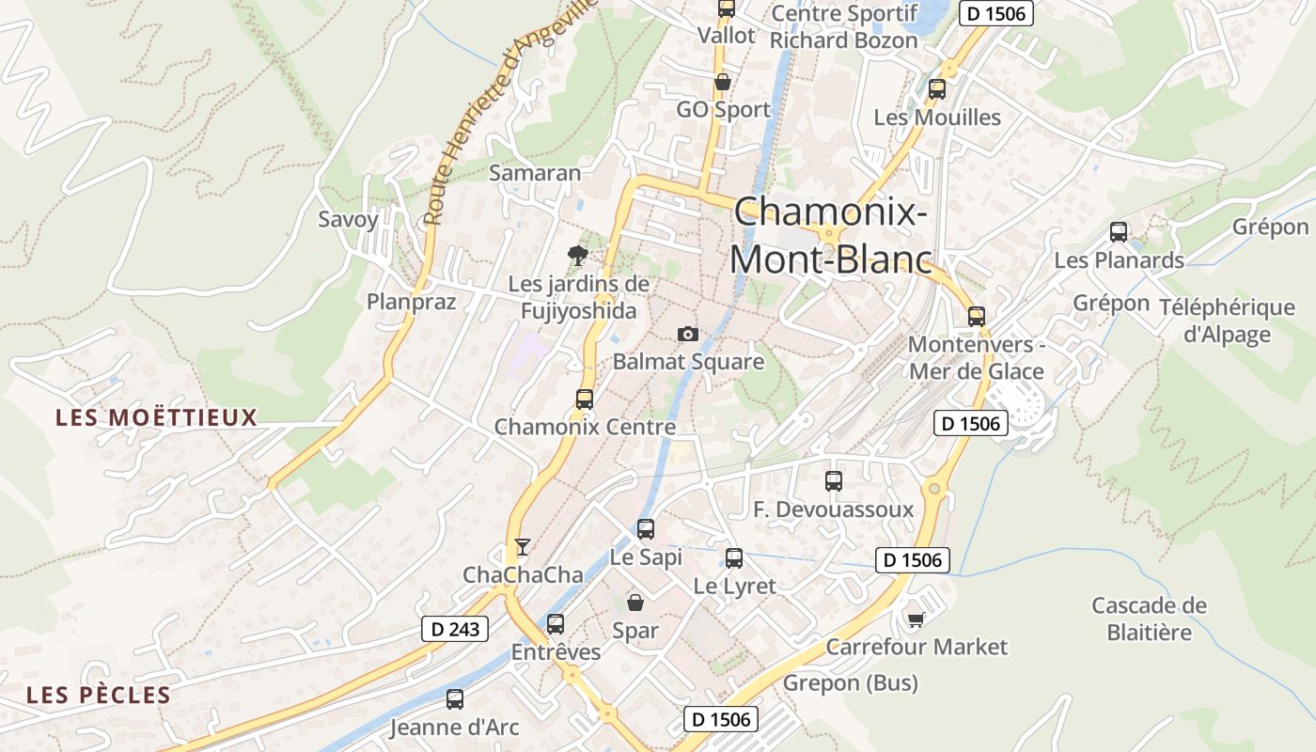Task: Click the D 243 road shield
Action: (455, 629)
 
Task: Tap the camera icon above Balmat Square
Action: (688, 334)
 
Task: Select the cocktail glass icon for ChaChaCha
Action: (523, 547)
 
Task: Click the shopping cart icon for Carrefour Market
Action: (916, 619)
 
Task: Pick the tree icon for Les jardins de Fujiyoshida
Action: (578, 255)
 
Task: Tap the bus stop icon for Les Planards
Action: (1119, 232)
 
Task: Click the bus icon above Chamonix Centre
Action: (585, 399)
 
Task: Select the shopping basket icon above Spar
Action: (635, 602)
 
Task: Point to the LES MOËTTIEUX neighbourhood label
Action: (156, 417)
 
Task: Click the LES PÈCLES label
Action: (99, 696)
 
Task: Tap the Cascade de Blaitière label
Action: (1149, 619)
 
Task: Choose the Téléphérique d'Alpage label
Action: (1227, 321)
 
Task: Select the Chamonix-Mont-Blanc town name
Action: (831, 235)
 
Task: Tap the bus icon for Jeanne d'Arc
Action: (455, 699)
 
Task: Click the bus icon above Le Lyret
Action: (734, 558)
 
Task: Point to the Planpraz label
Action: (411, 302)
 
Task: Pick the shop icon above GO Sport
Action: (723, 83)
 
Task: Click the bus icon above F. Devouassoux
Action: (834, 481)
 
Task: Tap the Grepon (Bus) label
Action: (851, 682)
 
